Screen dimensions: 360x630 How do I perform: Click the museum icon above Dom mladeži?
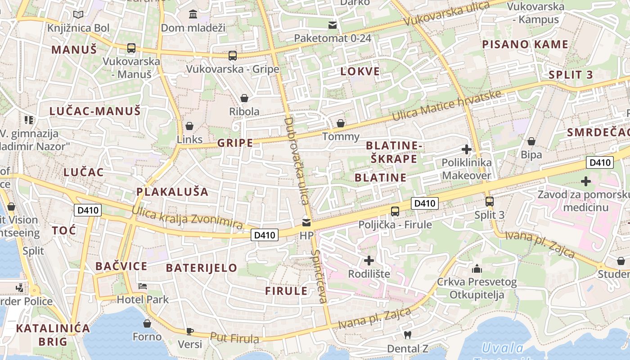[193, 14]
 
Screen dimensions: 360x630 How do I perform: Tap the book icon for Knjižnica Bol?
[78, 15]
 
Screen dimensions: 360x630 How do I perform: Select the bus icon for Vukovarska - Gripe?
[232, 56]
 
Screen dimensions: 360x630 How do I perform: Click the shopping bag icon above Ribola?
[244, 98]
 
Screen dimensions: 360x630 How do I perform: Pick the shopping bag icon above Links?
[189, 126]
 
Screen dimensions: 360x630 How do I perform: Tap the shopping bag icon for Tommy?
[341, 123]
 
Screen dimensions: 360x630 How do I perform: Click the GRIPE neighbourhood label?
[235, 143]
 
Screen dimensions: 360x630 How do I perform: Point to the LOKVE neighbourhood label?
[360, 71]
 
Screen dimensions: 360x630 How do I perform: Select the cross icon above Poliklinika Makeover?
[467, 149]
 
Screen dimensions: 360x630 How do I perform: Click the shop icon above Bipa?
[531, 141]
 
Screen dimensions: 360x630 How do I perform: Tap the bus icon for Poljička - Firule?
[395, 211]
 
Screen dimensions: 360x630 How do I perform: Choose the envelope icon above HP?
[306, 222]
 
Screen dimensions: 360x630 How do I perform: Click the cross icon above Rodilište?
[369, 261]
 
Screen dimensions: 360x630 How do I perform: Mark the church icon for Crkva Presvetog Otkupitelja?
[477, 269]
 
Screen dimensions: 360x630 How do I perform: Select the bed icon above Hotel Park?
[143, 286]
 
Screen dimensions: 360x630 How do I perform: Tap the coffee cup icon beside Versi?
[190, 331]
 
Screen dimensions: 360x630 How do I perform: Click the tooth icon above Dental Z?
[408, 335]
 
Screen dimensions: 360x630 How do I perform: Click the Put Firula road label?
[234, 338]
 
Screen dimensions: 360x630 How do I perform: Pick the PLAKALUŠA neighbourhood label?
[172, 192]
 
